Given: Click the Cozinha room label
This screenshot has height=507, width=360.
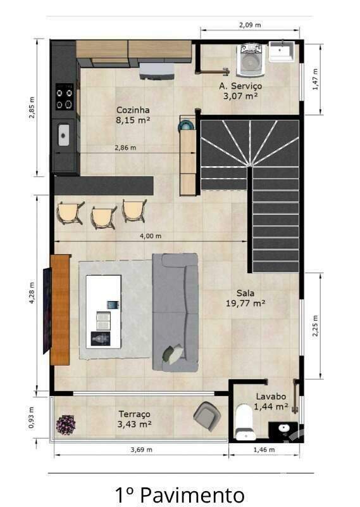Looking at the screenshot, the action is (x=133, y=110).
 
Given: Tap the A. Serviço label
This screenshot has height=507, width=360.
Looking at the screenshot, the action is (x=240, y=86).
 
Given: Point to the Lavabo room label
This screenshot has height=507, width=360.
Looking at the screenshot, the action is (x=271, y=396).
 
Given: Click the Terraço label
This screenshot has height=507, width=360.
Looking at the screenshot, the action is (x=134, y=414).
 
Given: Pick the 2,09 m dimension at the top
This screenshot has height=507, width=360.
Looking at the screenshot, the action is (x=250, y=25).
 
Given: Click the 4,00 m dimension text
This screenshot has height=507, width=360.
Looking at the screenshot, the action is (x=151, y=236).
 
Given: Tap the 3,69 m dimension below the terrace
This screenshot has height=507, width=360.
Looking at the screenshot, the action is (x=142, y=450).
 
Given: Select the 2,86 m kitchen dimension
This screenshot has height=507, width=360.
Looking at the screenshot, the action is (x=126, y=148).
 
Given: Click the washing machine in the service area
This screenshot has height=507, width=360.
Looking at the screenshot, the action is (x=250, y=60).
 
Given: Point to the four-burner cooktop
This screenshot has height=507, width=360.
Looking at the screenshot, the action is (x=65, y=97).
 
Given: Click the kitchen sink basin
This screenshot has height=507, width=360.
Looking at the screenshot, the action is (x=64, y=135).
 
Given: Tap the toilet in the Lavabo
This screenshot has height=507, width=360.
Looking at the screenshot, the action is (x=244, y=423).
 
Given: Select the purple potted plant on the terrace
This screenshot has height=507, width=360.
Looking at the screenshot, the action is (x=66, y=425).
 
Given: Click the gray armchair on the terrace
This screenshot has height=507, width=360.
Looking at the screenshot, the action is (x=207, y=416).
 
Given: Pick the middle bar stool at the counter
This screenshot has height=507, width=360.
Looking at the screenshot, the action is (x=104, y=217).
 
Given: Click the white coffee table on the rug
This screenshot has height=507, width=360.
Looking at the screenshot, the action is (x=104, y=312).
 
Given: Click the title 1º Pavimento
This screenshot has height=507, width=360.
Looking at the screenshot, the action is (x=180, y=494).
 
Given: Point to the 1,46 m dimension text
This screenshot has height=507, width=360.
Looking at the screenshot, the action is (x=264, y=450).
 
